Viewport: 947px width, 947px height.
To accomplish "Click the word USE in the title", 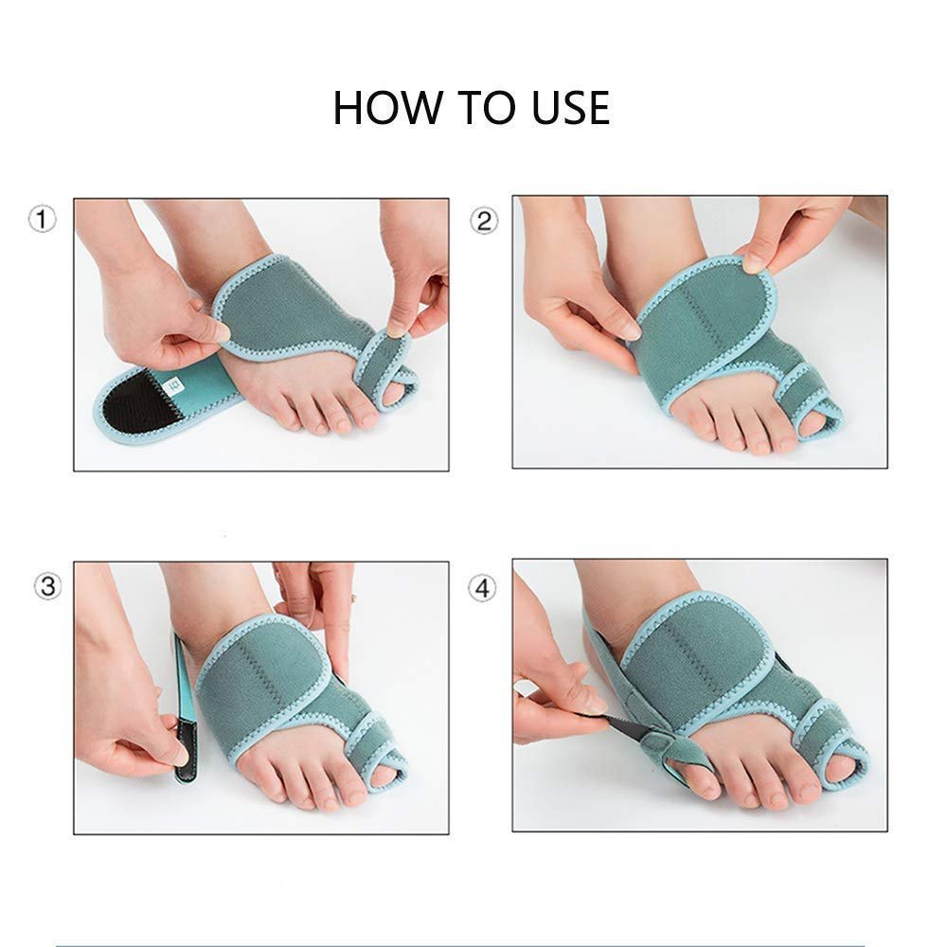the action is (x=570, y=108).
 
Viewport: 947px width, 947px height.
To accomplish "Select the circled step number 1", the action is (x=43, y=219).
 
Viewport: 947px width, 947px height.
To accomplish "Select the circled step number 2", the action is (x=484, y=221).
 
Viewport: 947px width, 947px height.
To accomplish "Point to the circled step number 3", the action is (x=47, y=586).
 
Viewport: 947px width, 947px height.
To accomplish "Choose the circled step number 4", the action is (x=482, y=588).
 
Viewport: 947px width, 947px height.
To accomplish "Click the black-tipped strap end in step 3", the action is (x=186, y=749).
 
